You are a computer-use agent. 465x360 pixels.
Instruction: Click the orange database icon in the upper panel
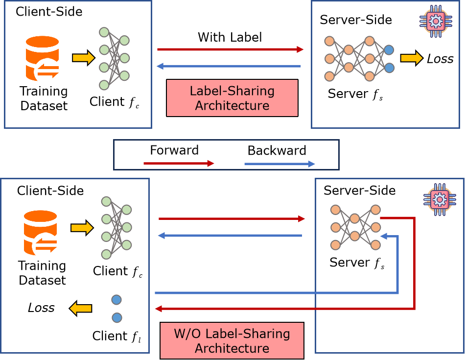(43, 58)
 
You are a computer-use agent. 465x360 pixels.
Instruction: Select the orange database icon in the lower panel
(41, 233)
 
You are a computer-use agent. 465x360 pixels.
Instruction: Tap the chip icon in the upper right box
(435, 21)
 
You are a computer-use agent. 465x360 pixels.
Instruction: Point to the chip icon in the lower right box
(439, 200)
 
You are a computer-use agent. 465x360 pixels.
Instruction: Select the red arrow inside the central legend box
(179, 164)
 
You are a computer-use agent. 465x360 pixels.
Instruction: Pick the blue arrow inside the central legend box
(279, 164)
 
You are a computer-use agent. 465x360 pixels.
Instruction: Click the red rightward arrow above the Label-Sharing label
(231, 49)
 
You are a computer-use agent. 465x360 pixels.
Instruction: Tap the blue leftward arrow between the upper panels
(229, 66)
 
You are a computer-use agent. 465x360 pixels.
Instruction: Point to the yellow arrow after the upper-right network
(411, 58)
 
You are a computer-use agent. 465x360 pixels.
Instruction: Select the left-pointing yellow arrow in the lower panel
(81, 309)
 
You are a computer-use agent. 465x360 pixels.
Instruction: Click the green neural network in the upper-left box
(114, 58)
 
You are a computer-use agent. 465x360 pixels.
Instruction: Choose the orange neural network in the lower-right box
(355, 227)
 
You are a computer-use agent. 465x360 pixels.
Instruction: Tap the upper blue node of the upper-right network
(389, 49)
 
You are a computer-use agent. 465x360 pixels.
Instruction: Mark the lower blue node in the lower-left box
(116, 318)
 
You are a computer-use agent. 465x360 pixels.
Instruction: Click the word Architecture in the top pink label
(232, 106)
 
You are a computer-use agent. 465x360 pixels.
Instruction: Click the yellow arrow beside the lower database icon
(82, 228)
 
